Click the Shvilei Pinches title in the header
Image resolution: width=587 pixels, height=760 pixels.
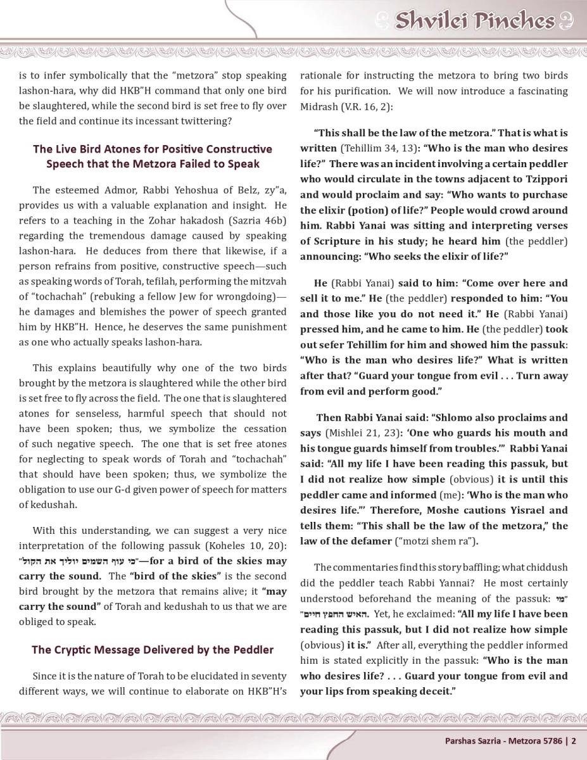[474, 22]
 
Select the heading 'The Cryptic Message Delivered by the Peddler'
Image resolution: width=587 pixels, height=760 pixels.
[153, 650]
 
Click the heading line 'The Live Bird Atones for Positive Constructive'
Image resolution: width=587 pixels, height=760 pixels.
[153, 149]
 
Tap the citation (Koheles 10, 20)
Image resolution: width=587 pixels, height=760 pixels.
[247, 546]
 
